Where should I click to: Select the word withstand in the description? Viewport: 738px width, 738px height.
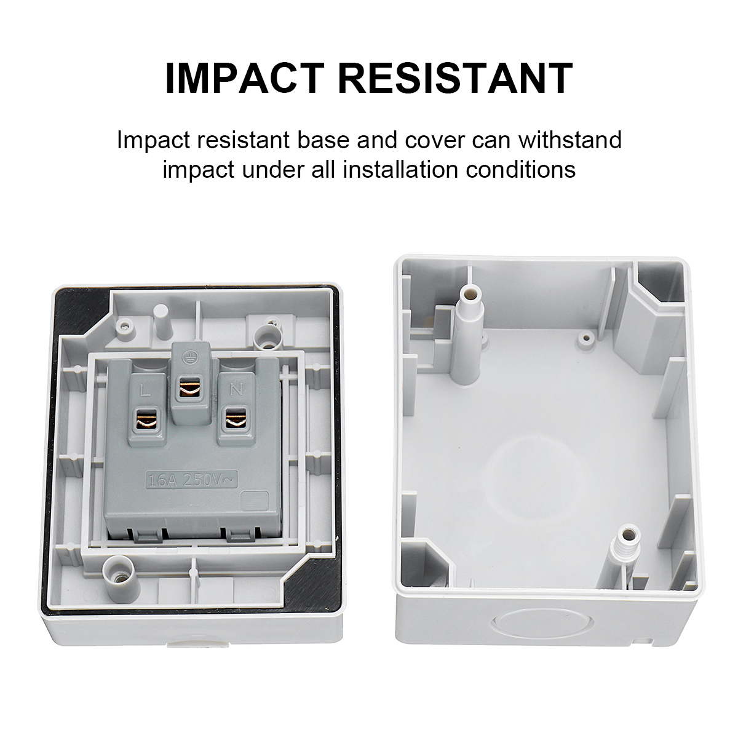pos(570,140)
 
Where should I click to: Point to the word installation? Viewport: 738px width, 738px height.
pos(400,169)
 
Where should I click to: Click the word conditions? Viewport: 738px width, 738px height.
pos(520,169)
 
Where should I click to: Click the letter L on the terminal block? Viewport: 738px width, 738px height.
pos(145,391)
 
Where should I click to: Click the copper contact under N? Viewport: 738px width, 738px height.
pos(235,418)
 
